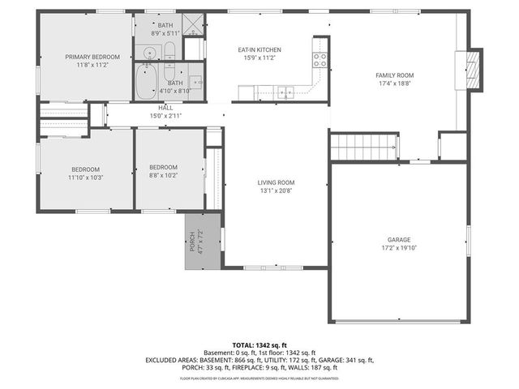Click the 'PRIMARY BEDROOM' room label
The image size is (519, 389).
click(92, 57)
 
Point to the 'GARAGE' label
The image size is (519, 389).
click(398, 240)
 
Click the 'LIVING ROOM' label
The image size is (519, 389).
click(276, 182)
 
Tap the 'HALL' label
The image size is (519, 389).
click(165, 108)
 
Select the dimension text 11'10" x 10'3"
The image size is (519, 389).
click(85, 177)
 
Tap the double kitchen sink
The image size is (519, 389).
click(285, 92)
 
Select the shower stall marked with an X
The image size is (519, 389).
click(194, 25)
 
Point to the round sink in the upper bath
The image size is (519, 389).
click(149, 55)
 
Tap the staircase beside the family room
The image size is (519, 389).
click(364, 147)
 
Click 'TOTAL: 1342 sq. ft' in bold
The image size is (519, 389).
click(259, 344)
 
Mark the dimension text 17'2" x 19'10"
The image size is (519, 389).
click(398, 249)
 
